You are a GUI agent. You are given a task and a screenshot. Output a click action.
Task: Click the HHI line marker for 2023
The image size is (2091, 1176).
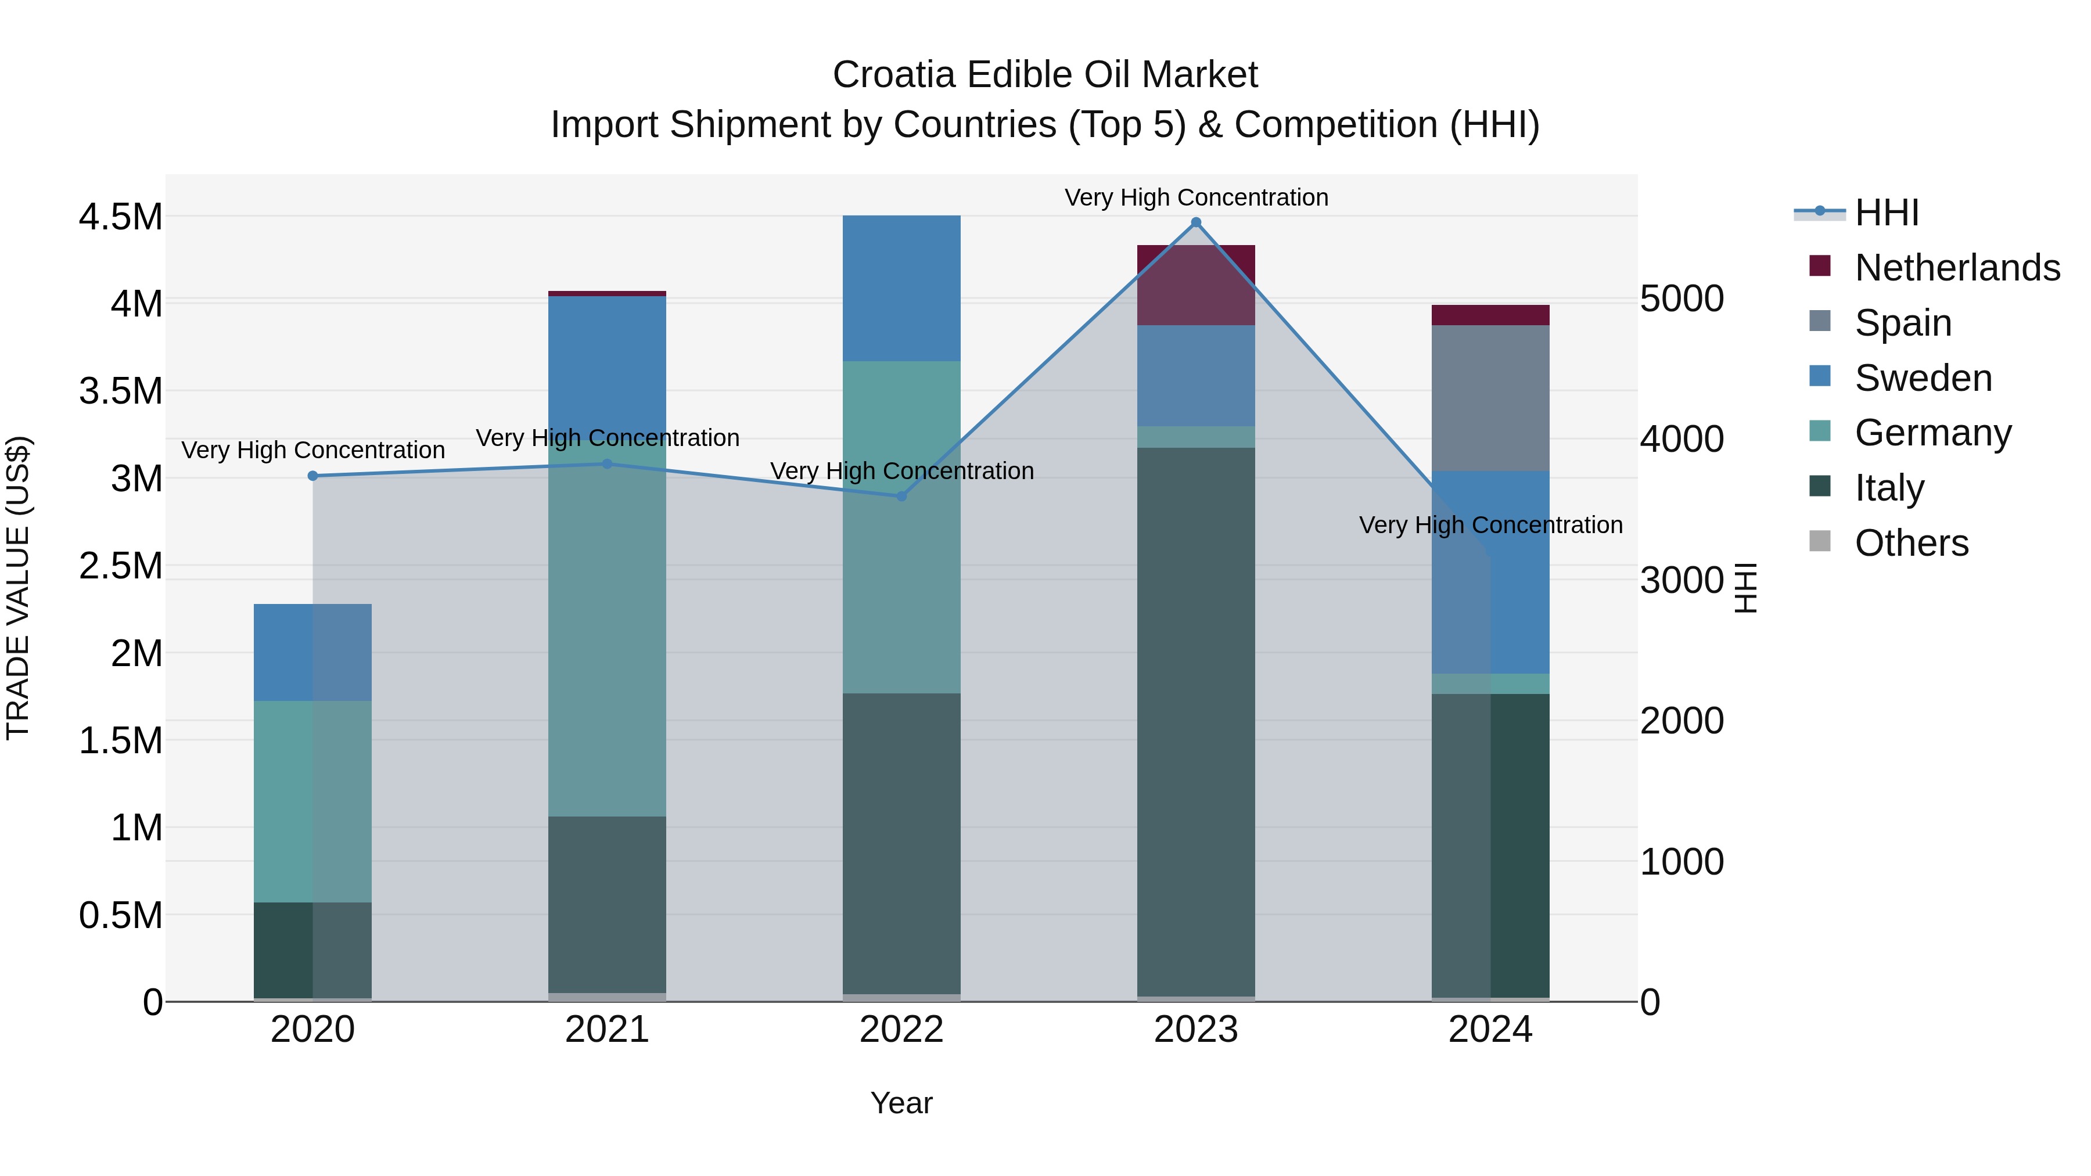point(1196,222)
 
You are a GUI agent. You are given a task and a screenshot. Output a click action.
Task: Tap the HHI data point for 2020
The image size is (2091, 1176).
point(312,476)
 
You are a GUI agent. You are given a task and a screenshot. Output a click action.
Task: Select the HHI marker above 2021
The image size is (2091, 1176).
point(607,464)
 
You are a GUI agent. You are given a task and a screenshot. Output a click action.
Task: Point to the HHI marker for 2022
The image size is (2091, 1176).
point(901,496)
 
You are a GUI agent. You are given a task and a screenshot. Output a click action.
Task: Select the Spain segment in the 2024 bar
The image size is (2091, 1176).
point(1490,398)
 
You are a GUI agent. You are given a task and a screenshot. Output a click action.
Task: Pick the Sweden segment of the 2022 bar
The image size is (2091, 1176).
point(901,288)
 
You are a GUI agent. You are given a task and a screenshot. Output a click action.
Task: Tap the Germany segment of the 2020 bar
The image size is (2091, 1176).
point(312,801)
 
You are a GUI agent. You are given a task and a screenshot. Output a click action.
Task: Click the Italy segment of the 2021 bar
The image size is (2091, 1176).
point(607,904)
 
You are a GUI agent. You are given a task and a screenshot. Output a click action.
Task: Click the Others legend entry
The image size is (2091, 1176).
point(1912,543)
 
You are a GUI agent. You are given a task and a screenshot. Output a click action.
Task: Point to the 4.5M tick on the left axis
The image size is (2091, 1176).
point(121,218)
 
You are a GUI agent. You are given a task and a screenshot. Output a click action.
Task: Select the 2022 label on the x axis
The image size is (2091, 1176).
point(901,1030)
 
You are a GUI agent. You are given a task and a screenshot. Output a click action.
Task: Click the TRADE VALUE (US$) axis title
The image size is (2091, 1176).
point(18,588)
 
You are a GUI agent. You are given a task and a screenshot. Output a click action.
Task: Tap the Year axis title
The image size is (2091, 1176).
point(901,1103)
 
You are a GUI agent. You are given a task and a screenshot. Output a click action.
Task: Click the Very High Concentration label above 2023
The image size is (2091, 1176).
point(1196,197)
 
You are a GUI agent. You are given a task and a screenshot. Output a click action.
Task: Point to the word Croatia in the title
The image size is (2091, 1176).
point(894,75)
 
